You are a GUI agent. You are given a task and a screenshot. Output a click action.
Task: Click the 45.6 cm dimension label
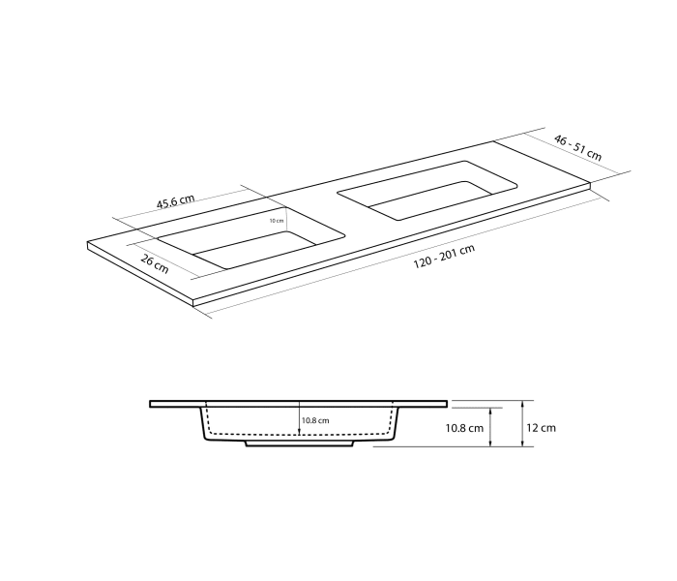point(175,201)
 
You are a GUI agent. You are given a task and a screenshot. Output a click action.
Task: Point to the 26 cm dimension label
point(154,262)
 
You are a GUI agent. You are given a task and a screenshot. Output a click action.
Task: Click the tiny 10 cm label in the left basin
point(277,220)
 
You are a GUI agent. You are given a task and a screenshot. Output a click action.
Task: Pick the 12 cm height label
point(543,427)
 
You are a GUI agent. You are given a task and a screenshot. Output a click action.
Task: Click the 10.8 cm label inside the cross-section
point(315,420)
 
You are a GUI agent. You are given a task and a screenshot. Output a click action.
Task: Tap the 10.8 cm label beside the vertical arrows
point(464,427)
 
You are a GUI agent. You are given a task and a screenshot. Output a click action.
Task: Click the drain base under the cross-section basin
point(300,444)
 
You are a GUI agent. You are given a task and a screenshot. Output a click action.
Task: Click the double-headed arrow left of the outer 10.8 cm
point(493,427)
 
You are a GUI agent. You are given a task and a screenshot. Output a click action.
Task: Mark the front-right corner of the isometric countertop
point(591,184)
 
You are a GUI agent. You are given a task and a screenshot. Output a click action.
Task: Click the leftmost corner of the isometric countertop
point(88,243)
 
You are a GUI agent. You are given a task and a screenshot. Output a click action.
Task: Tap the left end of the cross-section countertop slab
point(152,403)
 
